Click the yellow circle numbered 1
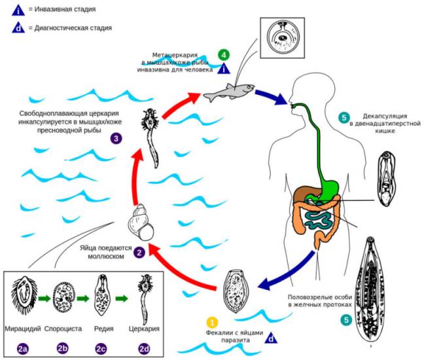point(212,322)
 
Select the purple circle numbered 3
point(115,139)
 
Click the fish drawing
point(225,94)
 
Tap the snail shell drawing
point(142,222)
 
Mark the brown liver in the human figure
point(306,195)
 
